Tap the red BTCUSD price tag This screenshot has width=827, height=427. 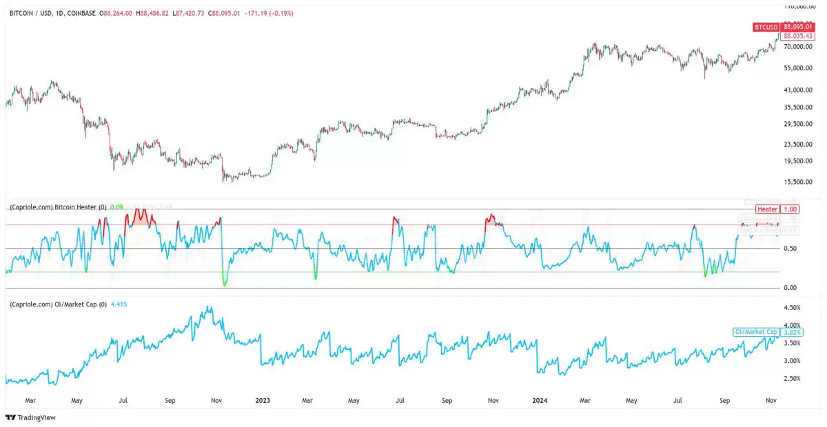[x=766, y=27]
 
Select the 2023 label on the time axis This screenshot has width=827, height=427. [x=263, y=399]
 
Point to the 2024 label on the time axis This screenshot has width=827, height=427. [x=540, y=399]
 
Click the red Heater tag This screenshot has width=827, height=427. [x=767, y=209]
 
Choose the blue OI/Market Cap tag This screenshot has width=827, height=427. [x=755, y=332]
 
